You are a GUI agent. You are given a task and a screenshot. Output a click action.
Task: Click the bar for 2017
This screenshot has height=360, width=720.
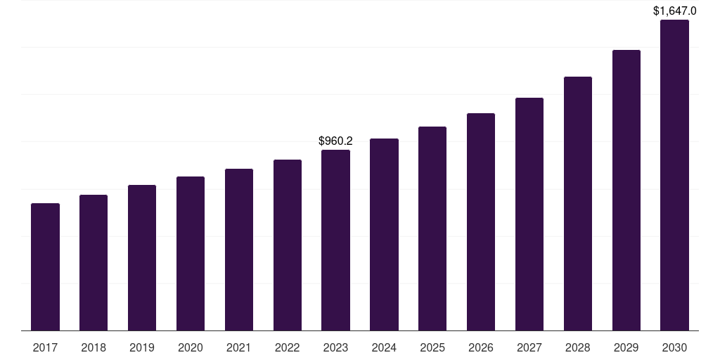pyautogui.click(x=45, y=267)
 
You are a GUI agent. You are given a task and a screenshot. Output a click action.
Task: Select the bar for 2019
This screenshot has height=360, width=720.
pyautogui.click(x=142, y=258)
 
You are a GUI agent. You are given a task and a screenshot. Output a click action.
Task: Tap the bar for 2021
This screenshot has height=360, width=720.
pyautogui.click(x=239, y=250)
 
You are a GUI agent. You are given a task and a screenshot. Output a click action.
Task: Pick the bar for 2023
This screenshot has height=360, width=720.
pyautogui.click(x=335, y=240)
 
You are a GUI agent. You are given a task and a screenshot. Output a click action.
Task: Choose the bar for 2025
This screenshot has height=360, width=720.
pyautogui.click(x=432, y=229)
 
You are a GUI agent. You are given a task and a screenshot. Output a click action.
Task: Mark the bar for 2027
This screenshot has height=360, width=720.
pyautogui.click(x=529, y=214)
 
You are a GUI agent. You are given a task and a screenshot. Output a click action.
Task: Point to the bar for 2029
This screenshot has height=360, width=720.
pyautogui.click(x=626, y=191)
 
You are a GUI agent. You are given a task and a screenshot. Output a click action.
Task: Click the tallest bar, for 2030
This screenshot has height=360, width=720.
pyautogui.click(x=674, y=175)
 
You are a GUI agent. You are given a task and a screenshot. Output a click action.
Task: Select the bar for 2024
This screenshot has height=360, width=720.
pyautogui.click(x=384, y=235)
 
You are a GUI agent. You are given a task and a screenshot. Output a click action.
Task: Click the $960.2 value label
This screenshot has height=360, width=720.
pyautogui.click(x=335, y=141)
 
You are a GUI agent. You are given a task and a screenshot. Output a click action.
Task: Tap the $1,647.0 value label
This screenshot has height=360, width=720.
pyautogui.click(x=674, y=11)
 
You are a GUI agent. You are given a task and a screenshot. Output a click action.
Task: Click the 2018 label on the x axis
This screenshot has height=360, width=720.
pyautogui.click(x=94, y=347)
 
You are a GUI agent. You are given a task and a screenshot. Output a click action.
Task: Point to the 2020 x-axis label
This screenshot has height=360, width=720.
pyautogui.click(x=191, y=347)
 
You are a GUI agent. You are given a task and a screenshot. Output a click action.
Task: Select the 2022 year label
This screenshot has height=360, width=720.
pyautogui.click(x=288, y=347)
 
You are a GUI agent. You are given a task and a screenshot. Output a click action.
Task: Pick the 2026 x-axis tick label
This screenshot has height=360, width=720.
pyautogui.click(x=481, y=347)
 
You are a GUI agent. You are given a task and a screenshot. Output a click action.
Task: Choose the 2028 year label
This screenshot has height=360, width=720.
pyautogui.click(x=578, y=347)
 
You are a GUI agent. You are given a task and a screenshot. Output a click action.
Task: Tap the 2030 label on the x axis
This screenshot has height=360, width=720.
pyautogui.click(x=674, y=347)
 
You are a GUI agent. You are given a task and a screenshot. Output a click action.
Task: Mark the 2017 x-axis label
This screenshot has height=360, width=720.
pyautogui.click(x=45, y=347)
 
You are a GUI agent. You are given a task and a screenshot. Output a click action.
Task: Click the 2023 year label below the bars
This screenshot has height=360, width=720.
pyautogui.click(x=335, y=347)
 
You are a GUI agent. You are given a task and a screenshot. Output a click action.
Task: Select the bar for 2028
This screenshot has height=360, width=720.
pyautogui.click(x=578, y=204)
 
